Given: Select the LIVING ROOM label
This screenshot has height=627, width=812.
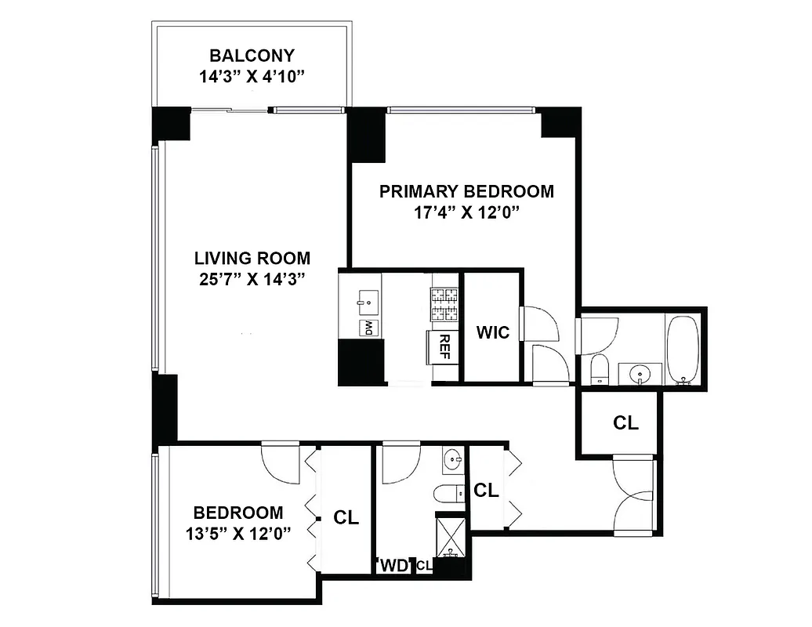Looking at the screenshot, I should pyautogui.click(x=252, y=258).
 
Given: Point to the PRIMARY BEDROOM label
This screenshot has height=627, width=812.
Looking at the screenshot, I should pyautogui.click(x=466, y=191).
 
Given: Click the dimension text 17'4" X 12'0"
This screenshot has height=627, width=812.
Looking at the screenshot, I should pyautogui.click(x=466, y=213).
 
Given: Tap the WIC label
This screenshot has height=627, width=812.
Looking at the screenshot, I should pyautogui.click(x=493, y=332).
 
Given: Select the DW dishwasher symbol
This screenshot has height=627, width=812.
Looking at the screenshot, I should pyautogui.click(x=367, y=328).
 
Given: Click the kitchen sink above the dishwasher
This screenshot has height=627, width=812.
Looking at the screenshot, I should pyautogui.click(x=367, y=301).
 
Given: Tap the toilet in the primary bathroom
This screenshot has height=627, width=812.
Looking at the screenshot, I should pyautogui.click(x=600, y=368).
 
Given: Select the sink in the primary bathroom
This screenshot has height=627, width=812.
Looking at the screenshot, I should pyautogui.click(x=641, y=373).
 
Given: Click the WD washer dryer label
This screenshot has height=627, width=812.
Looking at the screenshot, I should pyautogui.click(x=395, y=565).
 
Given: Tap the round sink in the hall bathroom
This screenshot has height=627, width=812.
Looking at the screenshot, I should pyautogui.click(x=452, y=460).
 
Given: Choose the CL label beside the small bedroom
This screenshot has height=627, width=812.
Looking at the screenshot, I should pyautogui.click(x=346, y=517).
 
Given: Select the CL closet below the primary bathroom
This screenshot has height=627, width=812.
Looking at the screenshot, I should pyautogui.click(x=625, y=423).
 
